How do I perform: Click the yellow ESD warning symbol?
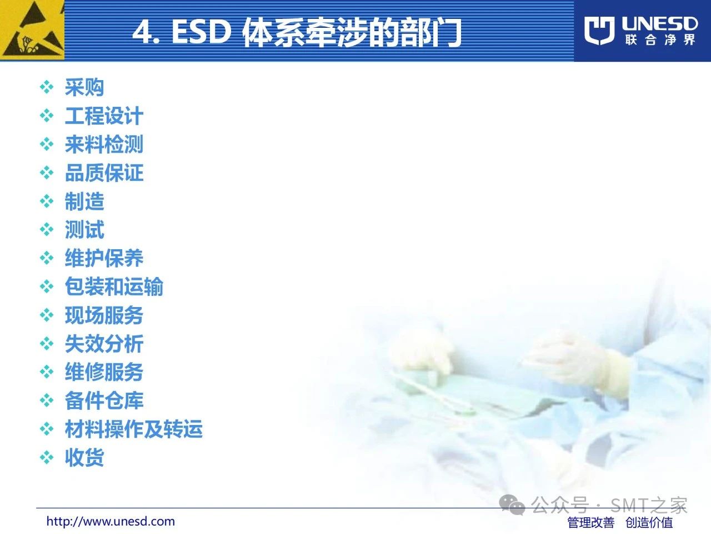click(x=32, y=30)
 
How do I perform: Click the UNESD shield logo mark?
click(x=599, y=31)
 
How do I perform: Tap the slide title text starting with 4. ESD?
click(x=297, y=32)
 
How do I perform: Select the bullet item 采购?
click(x=84, y=87)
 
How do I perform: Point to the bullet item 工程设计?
click(x=104, y=116)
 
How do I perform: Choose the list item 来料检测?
click(x=104, y=144)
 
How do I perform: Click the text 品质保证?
click(x=104, y=173)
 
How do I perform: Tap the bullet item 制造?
click(x=84, y=201)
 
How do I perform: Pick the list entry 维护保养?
click(x=104, y=259)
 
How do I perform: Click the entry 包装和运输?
click(x=114, y=286)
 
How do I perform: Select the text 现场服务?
click(x=104, y=315)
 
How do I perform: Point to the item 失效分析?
click(x=104, y=344)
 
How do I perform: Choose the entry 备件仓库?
click(x=104, y=400)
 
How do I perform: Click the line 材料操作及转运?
click(x=134, y=429)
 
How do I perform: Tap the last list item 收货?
click(x=84, y=457)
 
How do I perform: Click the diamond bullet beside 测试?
click(x=47, y=230)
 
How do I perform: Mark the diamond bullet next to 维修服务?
click(x=47, y=372)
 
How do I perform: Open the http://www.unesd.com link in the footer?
click(x=111, y=521)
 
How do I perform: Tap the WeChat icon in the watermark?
click(x=512, y=505)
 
